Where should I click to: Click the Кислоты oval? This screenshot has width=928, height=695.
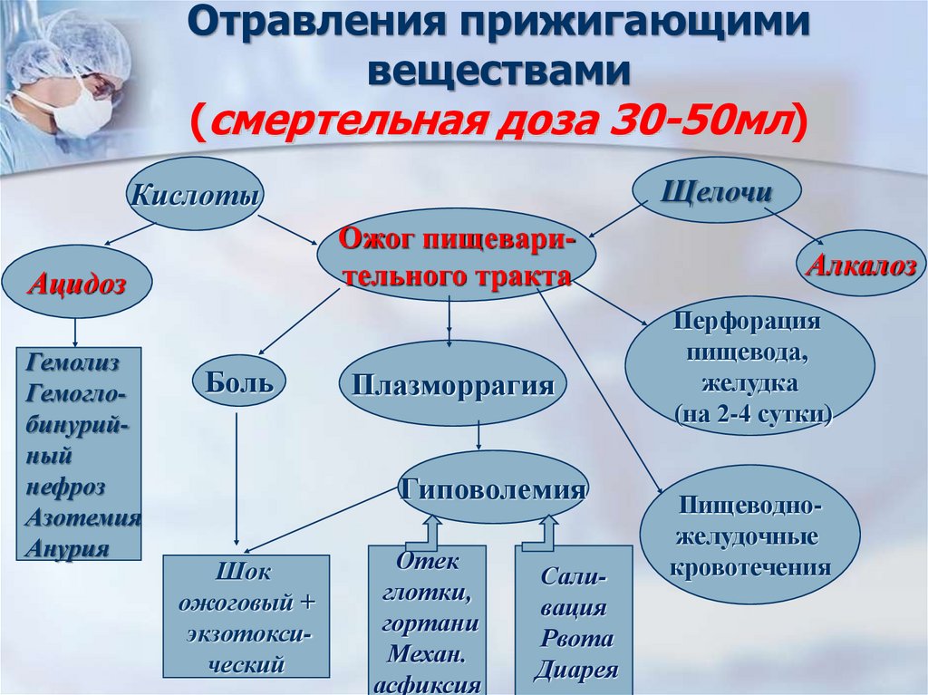[x=191, y=194]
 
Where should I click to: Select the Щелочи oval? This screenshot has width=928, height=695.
[x=716, y=192]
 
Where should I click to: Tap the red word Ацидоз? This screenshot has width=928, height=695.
[x=76, y=284]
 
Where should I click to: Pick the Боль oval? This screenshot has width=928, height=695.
[x=238, y=381]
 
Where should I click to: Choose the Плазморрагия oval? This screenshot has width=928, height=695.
[x=451, y=385]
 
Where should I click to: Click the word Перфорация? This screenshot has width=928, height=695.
[x=749, y=322]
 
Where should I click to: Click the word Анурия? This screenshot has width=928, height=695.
[x=68, y=547]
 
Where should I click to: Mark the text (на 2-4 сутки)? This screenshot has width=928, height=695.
[x=752, y=413]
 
